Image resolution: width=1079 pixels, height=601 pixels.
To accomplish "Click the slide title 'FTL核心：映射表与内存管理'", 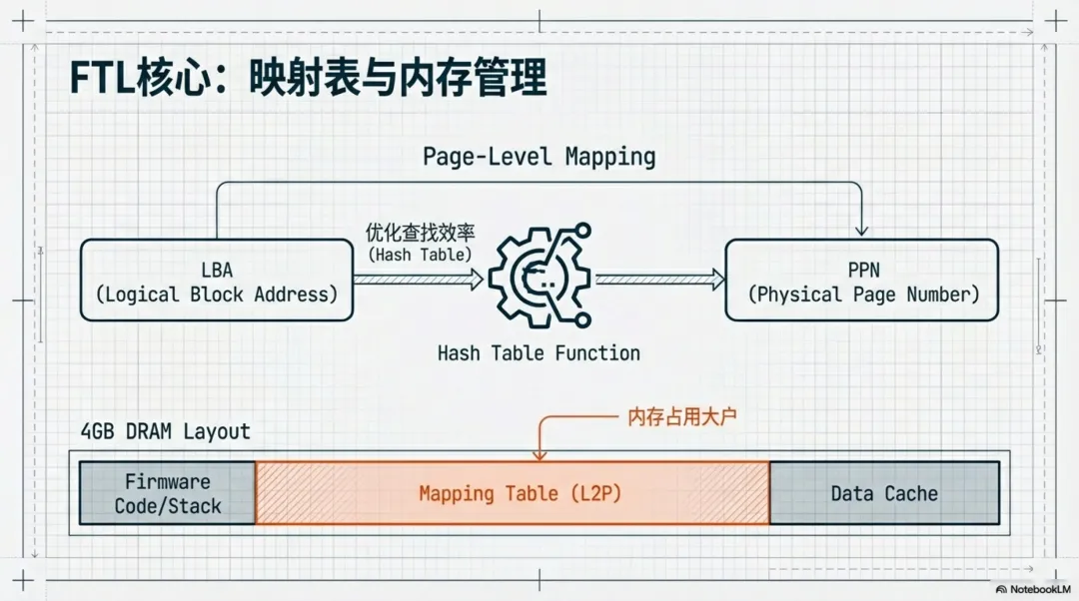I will tap(308, 78).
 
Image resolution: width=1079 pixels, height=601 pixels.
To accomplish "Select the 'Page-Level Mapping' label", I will tap(539, 156).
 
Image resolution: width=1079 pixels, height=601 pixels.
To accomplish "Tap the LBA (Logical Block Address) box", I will tap(217, 280).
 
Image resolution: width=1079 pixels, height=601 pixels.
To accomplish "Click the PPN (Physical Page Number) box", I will tap(861, 280).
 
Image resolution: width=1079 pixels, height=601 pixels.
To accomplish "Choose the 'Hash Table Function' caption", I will tap(539, 352).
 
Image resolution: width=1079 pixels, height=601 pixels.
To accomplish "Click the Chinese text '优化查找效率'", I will tap(420, 233).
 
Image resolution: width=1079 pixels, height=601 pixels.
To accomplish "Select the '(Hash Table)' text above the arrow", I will tap(420, 254).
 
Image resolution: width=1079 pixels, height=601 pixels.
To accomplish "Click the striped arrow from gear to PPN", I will tap(660, 280).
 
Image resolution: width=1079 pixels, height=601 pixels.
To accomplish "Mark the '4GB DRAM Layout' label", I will tap(165, 431).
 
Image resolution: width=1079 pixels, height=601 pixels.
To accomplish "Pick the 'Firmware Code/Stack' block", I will tap(168, 493).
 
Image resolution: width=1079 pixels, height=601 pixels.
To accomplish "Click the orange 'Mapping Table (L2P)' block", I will tap(513, 493).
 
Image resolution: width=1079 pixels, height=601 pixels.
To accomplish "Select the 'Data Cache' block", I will tap(884, 493).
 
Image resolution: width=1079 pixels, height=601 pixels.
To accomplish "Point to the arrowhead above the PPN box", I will tap(861, 231).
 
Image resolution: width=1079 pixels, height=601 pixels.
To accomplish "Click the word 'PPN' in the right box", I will tap(861, 270).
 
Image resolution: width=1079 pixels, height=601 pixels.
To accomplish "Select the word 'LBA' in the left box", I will tap(217, 270).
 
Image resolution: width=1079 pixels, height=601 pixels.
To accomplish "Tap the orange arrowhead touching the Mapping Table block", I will tap(539, 454).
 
